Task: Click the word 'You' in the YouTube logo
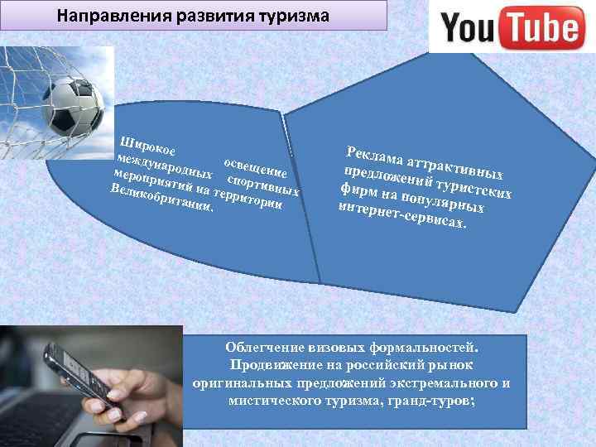pyautogui.click(x=472, y=29)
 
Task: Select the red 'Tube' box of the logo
pyautogui.click(x=541, y=29)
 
